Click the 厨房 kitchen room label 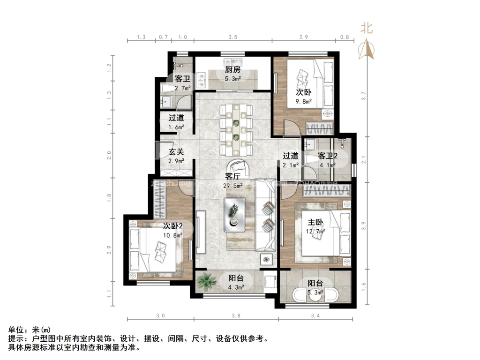click(x=232, y=69)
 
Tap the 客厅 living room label click(x=232, y=177)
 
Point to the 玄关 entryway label click(x=176, y=152)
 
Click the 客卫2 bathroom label click(x=328, y=156)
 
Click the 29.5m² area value click(x=233, y=186)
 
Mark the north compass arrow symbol click(x=367, y=49)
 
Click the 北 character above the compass click(x=367, y=29)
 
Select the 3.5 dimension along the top click(x=232, y=37)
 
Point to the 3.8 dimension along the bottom click(x=236, y=316)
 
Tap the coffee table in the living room click(x=235, y=214)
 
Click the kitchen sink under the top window click(x=232, y=62)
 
